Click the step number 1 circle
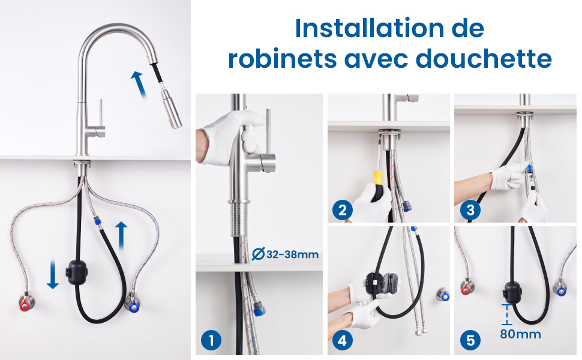211,340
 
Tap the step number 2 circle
342,211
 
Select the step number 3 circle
470,211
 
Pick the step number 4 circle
342,340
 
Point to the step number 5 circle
470,340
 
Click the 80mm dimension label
520,334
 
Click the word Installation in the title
370,28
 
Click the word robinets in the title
283,59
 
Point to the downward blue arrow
53,274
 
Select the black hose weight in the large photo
77,272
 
